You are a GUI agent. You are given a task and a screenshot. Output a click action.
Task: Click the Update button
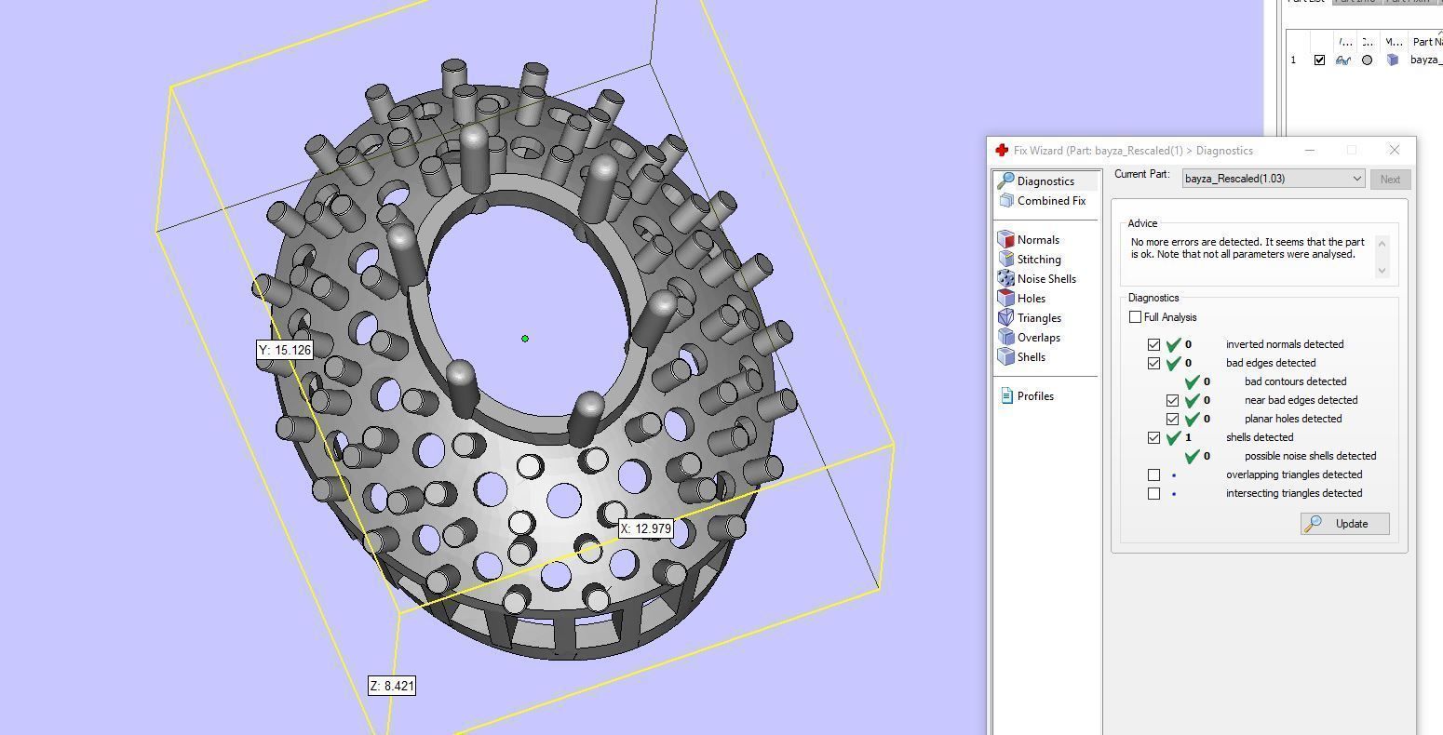pos(1344,524)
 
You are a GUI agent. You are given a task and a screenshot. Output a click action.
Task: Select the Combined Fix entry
pos(1050,201)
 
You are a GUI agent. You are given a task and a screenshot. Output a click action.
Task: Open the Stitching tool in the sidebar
pos(1038,260)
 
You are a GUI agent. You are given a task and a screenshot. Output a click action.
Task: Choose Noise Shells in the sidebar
pos(1045,279)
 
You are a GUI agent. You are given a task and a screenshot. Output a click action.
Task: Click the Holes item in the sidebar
pos(1031,299)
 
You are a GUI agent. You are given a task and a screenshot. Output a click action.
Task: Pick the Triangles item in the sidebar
pos(1038,318)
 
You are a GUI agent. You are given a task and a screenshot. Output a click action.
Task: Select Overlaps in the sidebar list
pos(1038,338)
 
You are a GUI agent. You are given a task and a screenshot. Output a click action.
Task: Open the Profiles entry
pos(1034,396)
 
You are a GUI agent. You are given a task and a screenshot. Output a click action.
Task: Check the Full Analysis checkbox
pos(1135,317)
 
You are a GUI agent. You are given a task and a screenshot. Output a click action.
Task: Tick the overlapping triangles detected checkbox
pos(1153,474)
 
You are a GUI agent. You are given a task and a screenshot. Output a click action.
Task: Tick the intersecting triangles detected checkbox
pos(1153,493)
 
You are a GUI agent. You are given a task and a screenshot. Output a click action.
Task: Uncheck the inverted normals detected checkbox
pos(1153,344)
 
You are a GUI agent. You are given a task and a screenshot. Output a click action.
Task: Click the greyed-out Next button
pos(1389,180)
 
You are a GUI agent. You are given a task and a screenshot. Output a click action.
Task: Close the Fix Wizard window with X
pos(1394,150)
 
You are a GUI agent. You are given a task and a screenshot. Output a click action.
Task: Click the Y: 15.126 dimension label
pos(284,351)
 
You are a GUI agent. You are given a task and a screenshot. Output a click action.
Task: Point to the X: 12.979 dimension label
pos(645,528)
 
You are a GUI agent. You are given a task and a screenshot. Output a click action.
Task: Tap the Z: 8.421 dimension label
pos(392,686)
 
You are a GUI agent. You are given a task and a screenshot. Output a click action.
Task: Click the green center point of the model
pos(525,339)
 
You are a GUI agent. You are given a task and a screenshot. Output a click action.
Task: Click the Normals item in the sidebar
pos(1037,240)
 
